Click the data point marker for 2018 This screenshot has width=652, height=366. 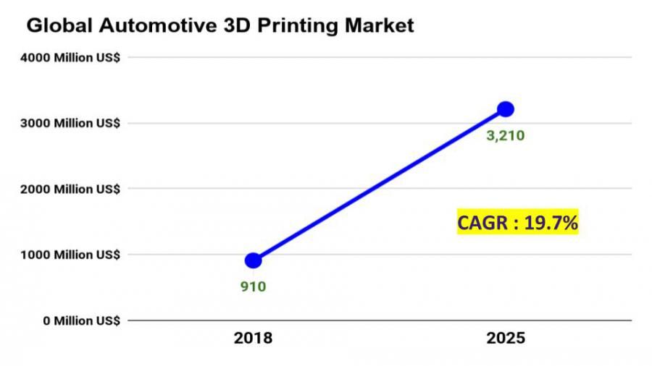pyautogui.click(x=254, y=260)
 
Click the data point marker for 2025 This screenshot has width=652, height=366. pyautogui.click(x=506, y=109)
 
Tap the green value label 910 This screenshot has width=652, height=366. pyautogui.click(x=254, y=286)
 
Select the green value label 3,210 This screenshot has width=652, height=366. pyautogui.click(x=505, y=135)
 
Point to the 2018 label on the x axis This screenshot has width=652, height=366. pyautogui.click(x=253, y=339)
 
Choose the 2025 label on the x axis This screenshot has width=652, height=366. pyautogui.click(x=506, y=339)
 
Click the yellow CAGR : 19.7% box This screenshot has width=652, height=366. pyautogui.click(x=517, y=224)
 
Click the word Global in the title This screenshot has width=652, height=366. pyautogui.click(x=57, y=26)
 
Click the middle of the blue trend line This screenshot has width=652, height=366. pyautogui.click(x=380, y=185)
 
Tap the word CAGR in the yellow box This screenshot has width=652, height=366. pyautogui.click(x=483, y=224)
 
